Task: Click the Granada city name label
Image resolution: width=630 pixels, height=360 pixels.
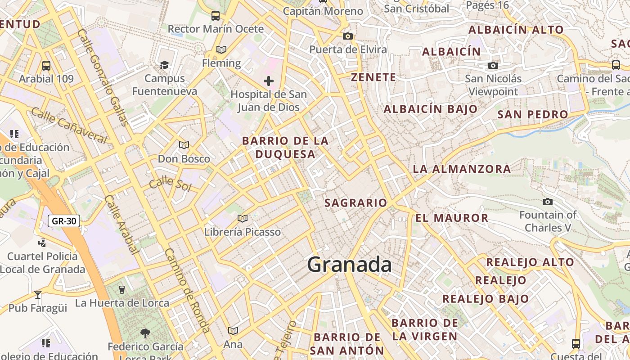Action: click(349, 265)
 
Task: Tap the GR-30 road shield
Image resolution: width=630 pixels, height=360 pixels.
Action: click(64, 221)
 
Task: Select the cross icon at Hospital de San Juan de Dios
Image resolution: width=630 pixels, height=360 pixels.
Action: click(269, 81)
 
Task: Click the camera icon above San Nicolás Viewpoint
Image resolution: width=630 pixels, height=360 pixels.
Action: click(493, 66)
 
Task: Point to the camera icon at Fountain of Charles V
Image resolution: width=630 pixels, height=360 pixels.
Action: click(548, 202)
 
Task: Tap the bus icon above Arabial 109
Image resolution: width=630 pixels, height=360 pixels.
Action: click(46, 66)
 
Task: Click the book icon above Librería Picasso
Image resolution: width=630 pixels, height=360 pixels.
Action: click(243, 219)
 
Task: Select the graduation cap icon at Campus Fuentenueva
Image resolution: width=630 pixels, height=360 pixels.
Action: click(165, 65)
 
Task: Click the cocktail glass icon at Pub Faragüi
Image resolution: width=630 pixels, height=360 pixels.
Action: click(38, 295)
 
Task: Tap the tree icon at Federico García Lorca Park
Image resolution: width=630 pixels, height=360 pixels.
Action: click(145, 333)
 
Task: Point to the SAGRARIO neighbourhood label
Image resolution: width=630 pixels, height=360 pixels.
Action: click(355, 203)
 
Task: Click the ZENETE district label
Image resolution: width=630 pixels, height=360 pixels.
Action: click(373, 77)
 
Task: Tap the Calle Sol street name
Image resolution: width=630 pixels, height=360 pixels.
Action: click(170, 184)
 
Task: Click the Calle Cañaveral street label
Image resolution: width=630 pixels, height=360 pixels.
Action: click(69, 126)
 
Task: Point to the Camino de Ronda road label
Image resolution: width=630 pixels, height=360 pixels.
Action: click(187, 290)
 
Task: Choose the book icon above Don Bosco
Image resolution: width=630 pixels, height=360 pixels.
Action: click(184, 145)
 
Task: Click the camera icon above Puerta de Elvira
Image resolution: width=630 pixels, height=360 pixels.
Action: click(347, 36)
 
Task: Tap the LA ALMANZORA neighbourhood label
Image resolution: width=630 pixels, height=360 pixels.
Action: click(462, 169)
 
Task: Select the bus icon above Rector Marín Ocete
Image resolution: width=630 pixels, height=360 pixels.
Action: click(216, 16)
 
